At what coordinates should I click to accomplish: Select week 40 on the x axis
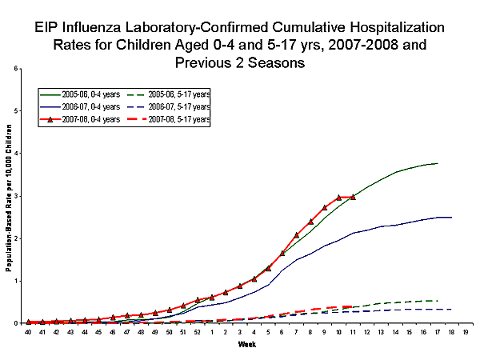(28, 330)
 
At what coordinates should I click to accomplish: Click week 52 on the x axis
(198, 330)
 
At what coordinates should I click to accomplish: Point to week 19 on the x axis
(466, 330)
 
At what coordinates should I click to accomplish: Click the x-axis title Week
(247, 345)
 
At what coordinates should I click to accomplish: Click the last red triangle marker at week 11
(353, 197)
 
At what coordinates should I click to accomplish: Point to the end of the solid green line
(438, 163)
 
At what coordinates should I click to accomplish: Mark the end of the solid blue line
(452, 217)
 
